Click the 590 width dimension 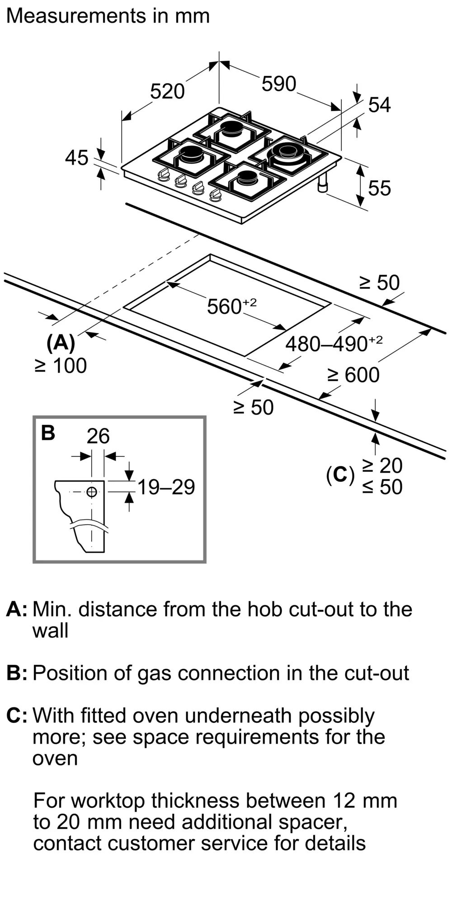[279, 84]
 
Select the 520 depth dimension [167, 91]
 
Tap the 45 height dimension [77, 158]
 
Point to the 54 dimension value [379, 105]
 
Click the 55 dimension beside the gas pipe [379, 188]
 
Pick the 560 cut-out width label [231, 306]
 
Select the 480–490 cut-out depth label [333, 344]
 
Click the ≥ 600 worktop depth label [353, 375]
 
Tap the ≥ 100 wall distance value [61, 365]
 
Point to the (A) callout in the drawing [61, 343]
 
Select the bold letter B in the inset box [48, 433]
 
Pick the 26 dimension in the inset [98, 436]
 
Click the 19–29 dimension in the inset [166, 487]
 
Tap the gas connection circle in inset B [92, 491]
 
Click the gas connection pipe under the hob [324, 184]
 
